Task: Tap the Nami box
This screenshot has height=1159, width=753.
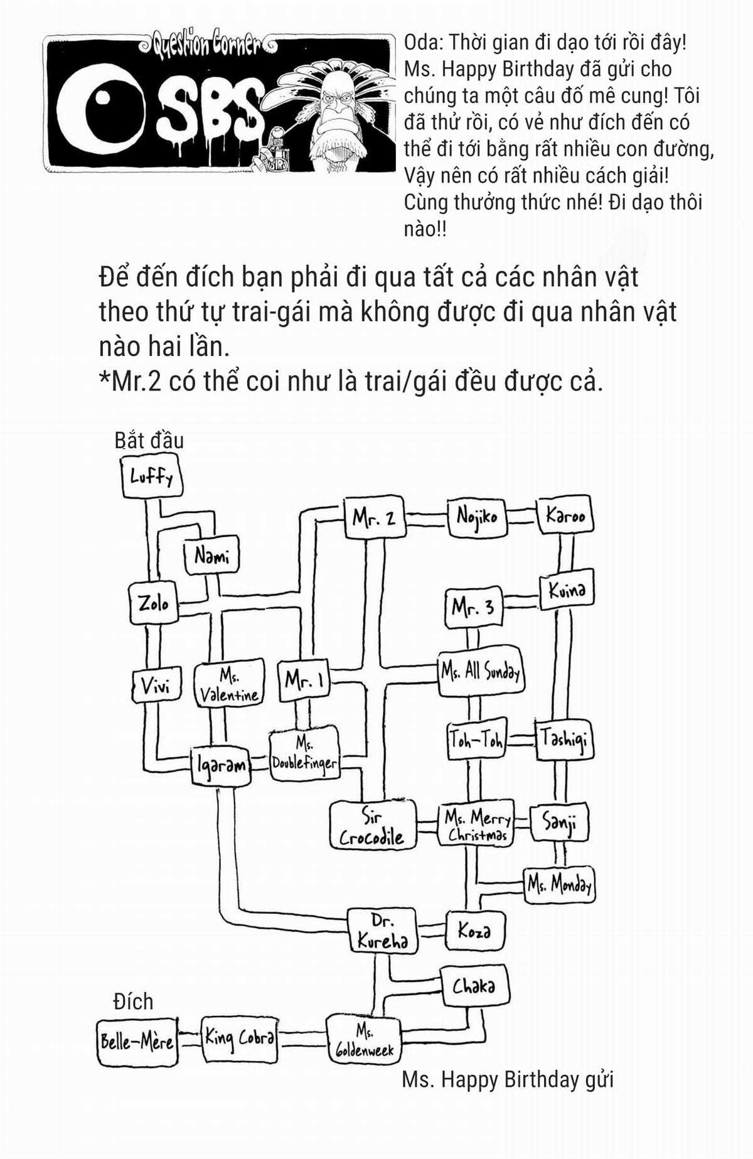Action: click(211, 556)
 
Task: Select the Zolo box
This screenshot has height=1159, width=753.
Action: click(154, 603)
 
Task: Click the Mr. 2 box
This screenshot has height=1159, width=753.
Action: click(374, 517)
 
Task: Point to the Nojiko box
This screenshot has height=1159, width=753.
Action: click(477, 517)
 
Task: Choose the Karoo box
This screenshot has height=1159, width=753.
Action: click(565, 515)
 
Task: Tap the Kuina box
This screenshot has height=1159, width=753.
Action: click(567, 590)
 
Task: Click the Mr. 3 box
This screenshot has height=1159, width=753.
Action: click(473, 608)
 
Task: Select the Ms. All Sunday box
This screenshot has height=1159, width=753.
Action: click(481, 673)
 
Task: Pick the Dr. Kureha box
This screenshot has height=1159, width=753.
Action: click(382, 930)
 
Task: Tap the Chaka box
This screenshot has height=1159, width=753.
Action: click(474, 986)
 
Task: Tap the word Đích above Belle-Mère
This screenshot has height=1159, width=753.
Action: click(133, 1001)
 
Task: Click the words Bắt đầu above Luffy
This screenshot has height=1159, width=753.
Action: click(149, 440)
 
